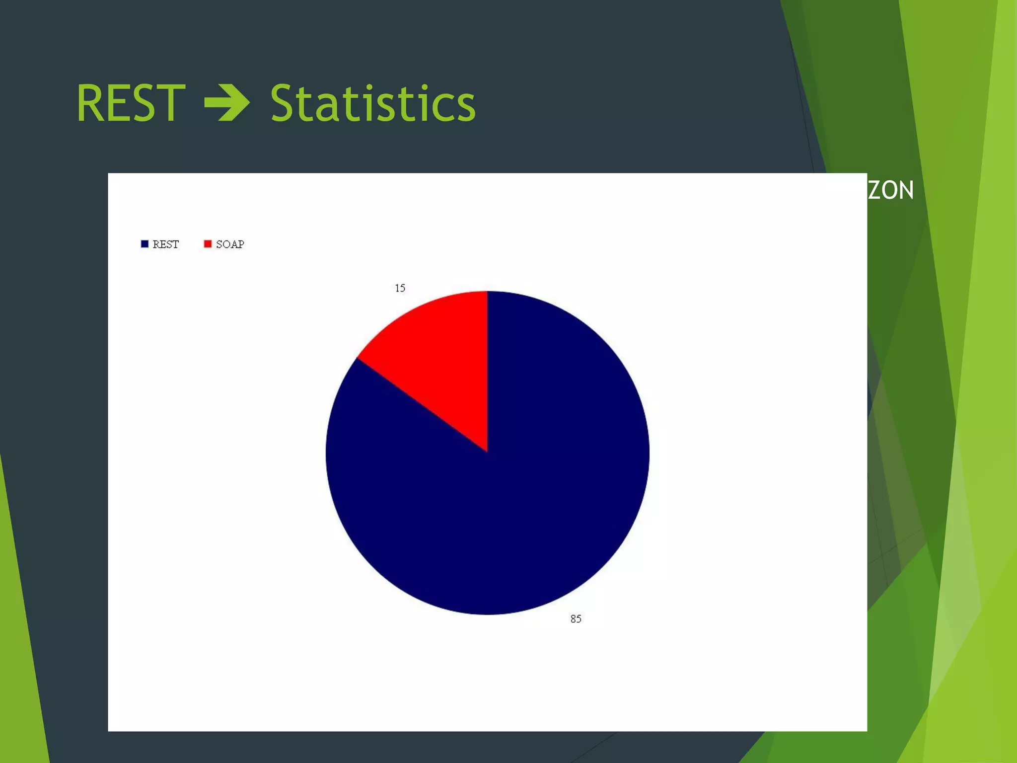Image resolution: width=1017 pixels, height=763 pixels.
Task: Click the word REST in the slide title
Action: click(131, 103)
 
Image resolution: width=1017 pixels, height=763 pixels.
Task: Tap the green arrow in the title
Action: click(227, 103)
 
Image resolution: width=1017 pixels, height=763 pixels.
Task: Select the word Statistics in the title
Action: click(372, 103)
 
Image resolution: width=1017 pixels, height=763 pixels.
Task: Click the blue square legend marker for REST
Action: click(145, 244)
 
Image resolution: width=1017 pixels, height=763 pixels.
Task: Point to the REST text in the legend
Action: click(165, 244)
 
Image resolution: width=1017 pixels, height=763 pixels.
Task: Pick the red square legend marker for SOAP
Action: click(208, 244)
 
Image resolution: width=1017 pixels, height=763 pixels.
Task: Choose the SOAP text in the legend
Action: click(230, 244)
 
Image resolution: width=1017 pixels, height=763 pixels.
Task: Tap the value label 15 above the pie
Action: click(400, 288)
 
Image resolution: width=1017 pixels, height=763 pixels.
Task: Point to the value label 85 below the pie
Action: click(576, 619)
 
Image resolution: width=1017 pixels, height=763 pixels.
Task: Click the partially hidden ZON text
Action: click(891, 190)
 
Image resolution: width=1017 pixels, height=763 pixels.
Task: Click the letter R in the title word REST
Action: click(89, 103)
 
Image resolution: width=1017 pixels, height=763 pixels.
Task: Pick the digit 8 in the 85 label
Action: click(573, 619)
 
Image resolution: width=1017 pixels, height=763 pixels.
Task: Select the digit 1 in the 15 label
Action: click(397, 288)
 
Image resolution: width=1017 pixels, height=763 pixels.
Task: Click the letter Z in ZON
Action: click(874, 190)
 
